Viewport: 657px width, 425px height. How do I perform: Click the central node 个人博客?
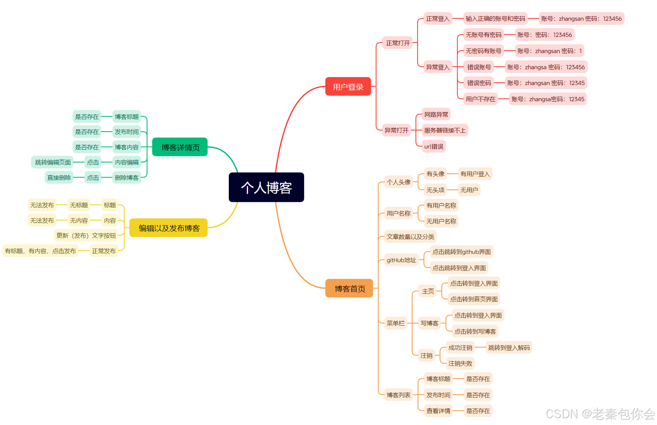point(266,187)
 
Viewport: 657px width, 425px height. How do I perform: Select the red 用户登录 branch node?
point(348,87)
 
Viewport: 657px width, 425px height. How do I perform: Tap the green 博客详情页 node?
point(180,147)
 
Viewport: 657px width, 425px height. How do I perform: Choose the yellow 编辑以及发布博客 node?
point(169,228)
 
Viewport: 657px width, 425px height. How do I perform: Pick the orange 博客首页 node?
point(349,288)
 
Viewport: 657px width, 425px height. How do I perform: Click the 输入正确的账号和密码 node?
point(495,18)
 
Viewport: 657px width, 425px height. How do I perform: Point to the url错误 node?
point(433,146)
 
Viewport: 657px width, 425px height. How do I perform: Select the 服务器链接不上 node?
point(444,130)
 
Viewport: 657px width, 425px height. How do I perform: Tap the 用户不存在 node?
point(480,99)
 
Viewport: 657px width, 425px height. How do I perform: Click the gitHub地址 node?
point(401,260)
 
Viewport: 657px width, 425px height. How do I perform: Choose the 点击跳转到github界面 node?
point(461,252)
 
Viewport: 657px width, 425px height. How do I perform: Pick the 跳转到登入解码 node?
point(509,348)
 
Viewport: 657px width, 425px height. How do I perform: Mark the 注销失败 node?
point(460,363)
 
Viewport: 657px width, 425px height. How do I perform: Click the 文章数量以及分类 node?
point(410,237)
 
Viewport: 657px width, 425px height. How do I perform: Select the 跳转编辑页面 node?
point(53,162)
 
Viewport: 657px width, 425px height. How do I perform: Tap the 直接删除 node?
point(59,178)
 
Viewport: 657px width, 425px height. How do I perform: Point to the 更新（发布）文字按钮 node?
point(86,235)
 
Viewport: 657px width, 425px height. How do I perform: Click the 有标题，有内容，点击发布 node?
point(40,251)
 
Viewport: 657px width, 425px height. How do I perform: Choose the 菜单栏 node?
point(395,323)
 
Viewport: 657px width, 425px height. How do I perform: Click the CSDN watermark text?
point(600,414)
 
